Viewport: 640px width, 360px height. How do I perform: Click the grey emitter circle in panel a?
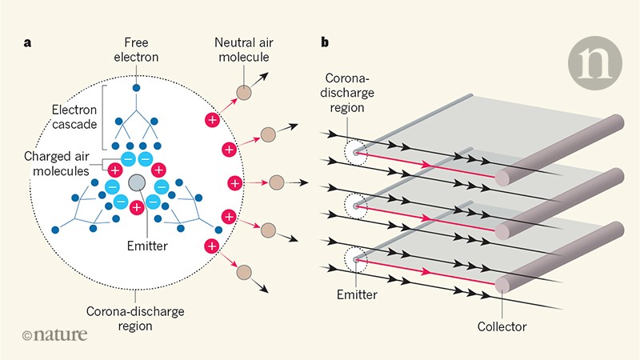click(x=137, y=183)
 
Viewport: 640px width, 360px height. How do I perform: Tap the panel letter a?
click(x=26, y=43)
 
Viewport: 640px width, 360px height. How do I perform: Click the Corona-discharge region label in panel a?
click(x=138, y=314)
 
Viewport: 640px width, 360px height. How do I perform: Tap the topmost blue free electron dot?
click(x=138, y=87)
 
